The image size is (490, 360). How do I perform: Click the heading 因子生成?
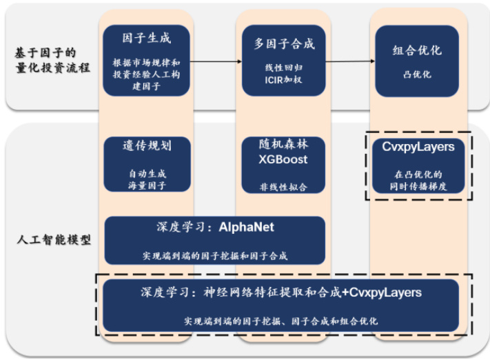pos(146,39)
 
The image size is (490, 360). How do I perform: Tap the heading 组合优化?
pos(417,50)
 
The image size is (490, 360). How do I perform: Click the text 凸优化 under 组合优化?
pos(417,74)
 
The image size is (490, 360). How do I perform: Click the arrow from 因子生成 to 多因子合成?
pos(215,61)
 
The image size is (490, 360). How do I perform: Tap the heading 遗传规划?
pos(147,146)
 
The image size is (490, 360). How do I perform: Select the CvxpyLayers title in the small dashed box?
pos(418,146)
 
